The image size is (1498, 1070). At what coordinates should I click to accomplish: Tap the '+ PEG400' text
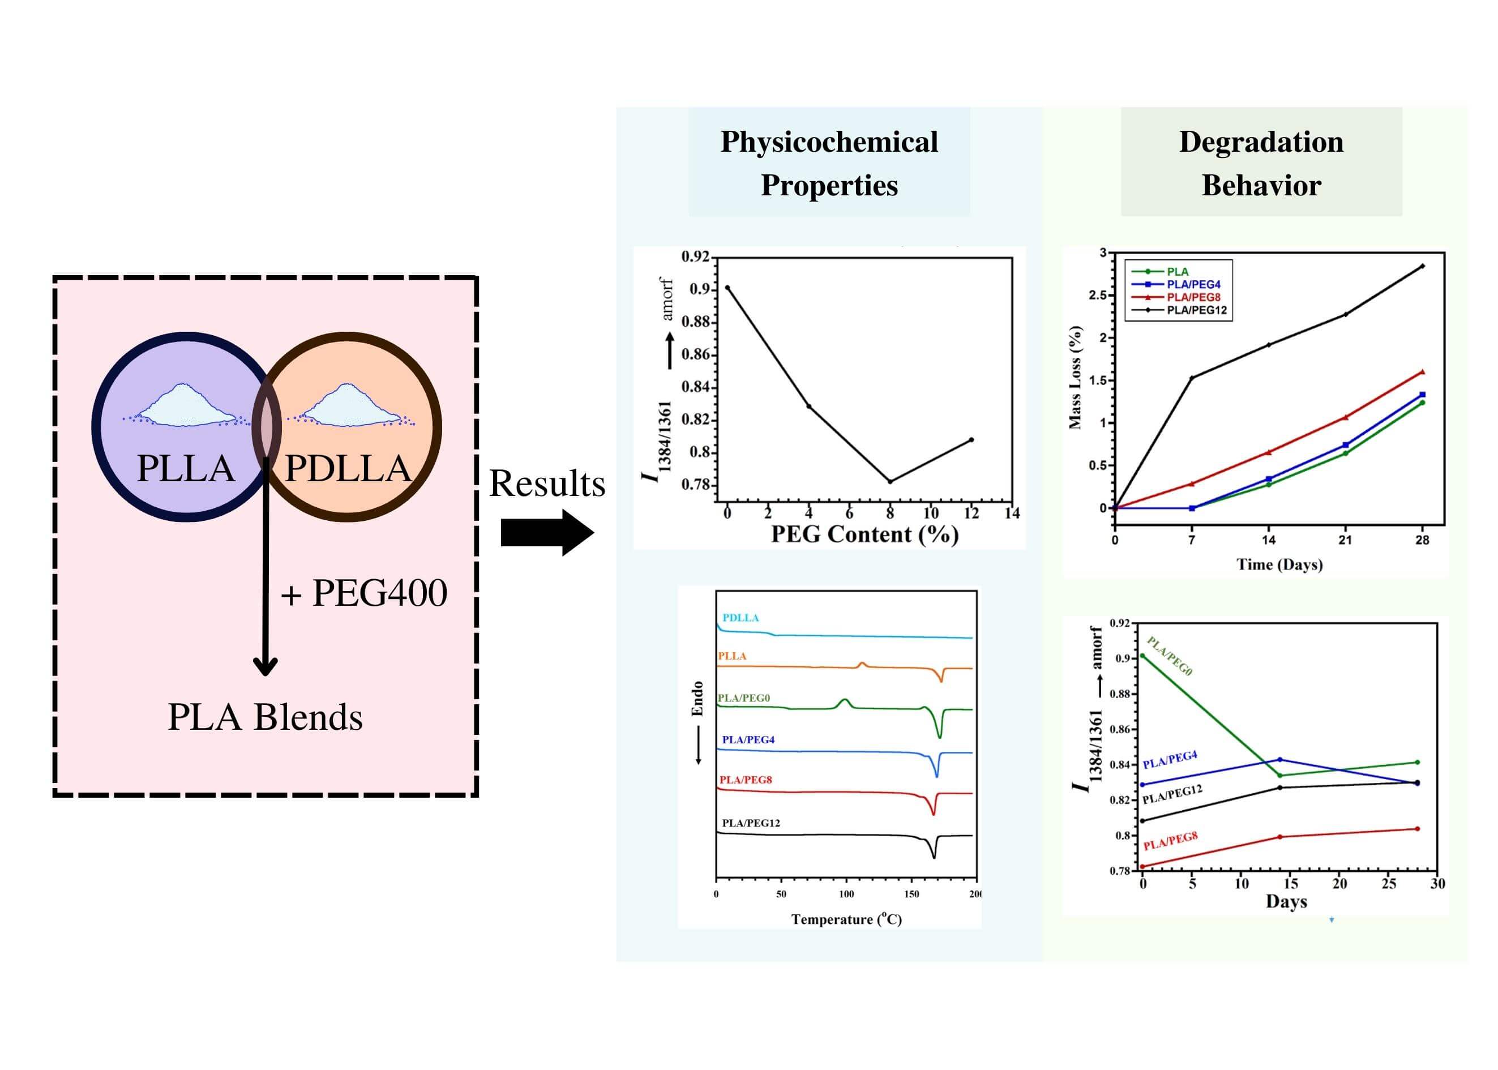[364, 593]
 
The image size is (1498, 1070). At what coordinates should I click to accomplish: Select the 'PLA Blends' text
[265, 717]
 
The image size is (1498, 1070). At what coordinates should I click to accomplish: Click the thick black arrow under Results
[547, 532]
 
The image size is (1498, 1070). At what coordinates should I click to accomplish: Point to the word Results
[547, 483]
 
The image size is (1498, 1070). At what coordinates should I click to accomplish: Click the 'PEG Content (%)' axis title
[864, 534]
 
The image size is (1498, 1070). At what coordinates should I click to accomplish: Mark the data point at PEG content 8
[890, 482]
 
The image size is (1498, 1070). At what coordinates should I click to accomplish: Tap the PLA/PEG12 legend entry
[1196, 310]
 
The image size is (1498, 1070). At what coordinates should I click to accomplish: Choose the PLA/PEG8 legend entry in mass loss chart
[1193, 297]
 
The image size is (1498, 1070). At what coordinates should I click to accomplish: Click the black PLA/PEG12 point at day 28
[1422, 266]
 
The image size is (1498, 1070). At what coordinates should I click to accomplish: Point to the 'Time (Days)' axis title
[1279, 564]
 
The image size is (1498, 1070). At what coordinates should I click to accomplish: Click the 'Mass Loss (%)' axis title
[1075, 377]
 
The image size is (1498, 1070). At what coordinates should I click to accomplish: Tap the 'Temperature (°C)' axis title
[846, 919]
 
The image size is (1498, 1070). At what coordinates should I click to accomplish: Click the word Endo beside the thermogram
[697, 699]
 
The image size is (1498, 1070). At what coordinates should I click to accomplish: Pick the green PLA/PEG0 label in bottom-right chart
[1169, 656]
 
